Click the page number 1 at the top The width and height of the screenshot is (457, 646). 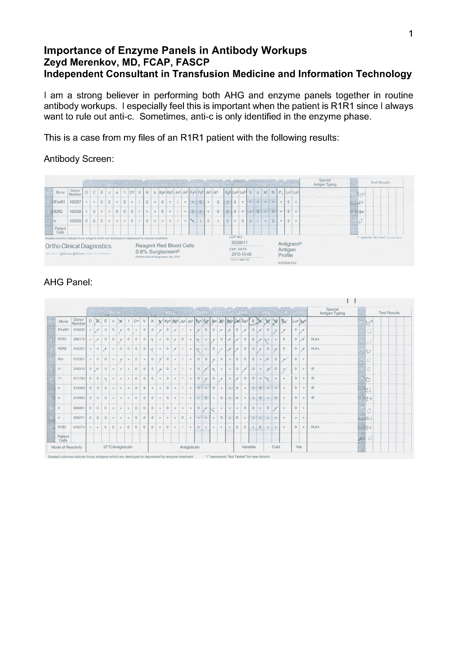[x=411, y=33]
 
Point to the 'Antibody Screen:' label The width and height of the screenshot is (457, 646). [x=79, y=159]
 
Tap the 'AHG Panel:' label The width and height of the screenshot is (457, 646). [x=68, y=282]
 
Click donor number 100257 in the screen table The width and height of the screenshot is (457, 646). [x=75, y=202]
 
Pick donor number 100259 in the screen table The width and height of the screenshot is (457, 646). [x=75, y=221]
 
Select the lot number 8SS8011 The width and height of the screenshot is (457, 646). [x=240, y=243]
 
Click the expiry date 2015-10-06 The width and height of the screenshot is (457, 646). [x=241, y=254]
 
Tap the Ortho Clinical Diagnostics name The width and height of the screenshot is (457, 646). [x=78, y=246]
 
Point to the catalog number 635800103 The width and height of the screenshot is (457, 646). [x=287, y=263]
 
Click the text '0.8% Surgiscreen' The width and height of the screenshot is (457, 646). [x=157, y=251]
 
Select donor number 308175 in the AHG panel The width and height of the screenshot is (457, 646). [x=79, y=339]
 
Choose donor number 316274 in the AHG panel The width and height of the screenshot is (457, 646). [x=79, y=427]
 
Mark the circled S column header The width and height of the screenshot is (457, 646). [x=253, y=321]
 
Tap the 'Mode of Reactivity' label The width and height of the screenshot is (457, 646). [x=67, y=447]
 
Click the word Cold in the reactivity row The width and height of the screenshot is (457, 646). [x=276, y=447]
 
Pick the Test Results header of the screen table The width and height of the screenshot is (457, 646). [x=380, y=182]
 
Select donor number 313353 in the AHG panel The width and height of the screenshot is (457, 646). [x=79, y=388]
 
